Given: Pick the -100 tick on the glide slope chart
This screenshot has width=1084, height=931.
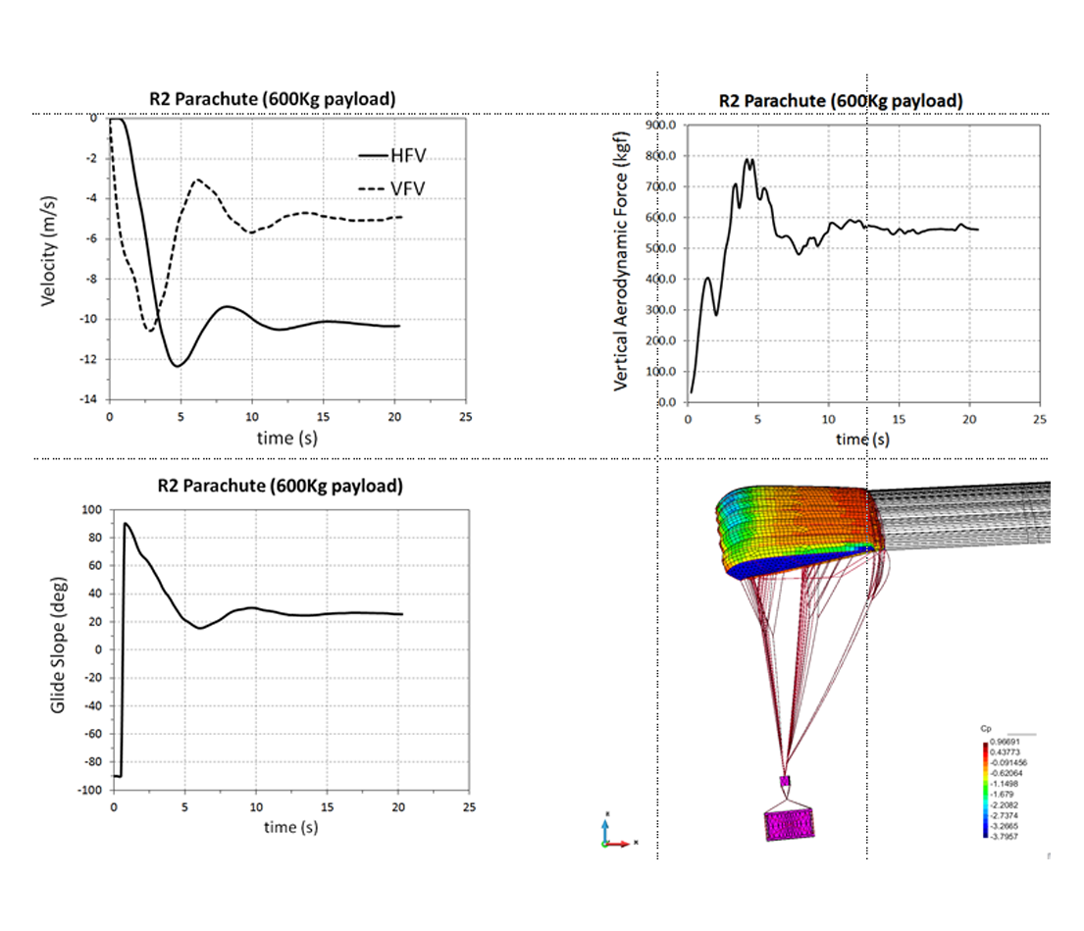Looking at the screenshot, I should coord(91,790).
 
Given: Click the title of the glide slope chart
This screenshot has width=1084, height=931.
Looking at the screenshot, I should coord(280,487).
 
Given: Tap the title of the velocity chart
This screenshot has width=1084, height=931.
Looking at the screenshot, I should coord(273,98).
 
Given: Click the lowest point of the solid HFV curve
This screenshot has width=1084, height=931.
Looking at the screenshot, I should coord(178,366).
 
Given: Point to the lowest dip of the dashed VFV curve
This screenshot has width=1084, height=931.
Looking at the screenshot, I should coord(150,331).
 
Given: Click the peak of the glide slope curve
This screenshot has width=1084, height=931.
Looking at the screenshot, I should coord(126,524).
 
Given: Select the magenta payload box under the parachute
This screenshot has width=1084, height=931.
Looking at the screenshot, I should coord(791,823).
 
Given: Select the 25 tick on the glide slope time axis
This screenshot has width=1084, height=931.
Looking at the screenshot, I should coord(469,808).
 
